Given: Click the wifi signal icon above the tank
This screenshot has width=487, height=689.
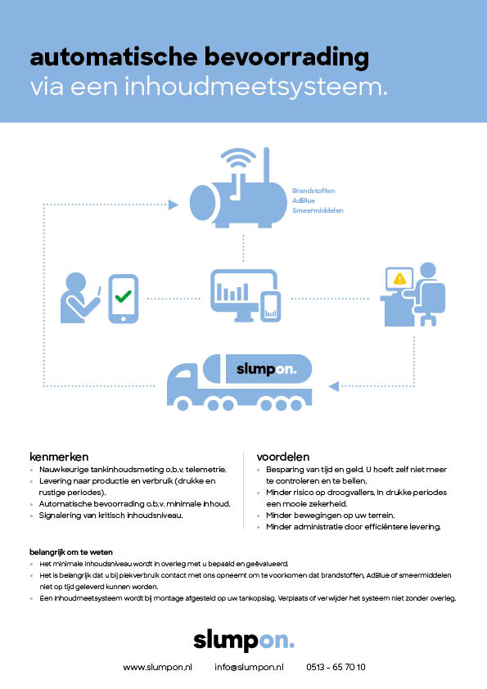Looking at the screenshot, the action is pos(239,159).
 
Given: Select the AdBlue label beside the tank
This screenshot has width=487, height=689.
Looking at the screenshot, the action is pos(304,200).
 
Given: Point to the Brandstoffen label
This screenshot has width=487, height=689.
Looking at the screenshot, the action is pos(313,191).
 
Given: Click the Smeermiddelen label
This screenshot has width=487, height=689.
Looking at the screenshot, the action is pos(318,210).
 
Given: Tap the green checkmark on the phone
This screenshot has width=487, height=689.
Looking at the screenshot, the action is pos(123,296).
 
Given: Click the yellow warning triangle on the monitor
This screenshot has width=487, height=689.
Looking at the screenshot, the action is pos(399,278).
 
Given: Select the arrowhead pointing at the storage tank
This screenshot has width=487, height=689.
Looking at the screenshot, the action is pos(174,205).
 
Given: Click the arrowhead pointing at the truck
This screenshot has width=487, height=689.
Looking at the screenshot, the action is pos(334,386).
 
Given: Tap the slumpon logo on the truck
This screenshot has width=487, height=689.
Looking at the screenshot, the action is pos(266,369).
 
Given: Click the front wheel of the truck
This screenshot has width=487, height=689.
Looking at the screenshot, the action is pos(183,405).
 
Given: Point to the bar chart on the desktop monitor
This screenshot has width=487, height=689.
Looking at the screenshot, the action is pos(232,292).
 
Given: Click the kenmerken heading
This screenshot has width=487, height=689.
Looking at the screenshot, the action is pos(59,457).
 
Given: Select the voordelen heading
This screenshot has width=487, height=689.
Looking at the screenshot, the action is pos(283,457).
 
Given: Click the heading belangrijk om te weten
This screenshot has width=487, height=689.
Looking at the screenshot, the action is pos(71,552).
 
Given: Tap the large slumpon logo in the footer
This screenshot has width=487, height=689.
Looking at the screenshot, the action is pos(244,641).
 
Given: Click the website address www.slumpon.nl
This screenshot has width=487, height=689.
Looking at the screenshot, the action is pos(157,667).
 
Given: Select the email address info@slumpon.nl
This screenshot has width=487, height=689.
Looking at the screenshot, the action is pos(249,667).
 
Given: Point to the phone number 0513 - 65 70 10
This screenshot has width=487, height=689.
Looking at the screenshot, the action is pos(336,667).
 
